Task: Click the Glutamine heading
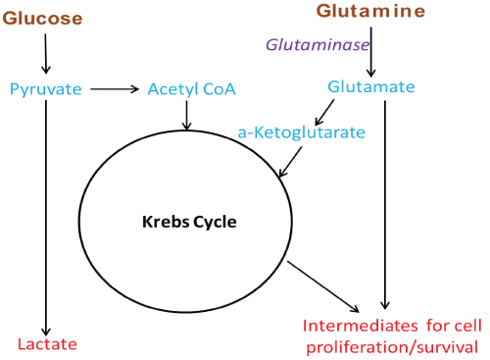[370, 11]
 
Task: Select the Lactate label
[47, 343]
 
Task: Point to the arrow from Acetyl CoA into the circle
[186, 115]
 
